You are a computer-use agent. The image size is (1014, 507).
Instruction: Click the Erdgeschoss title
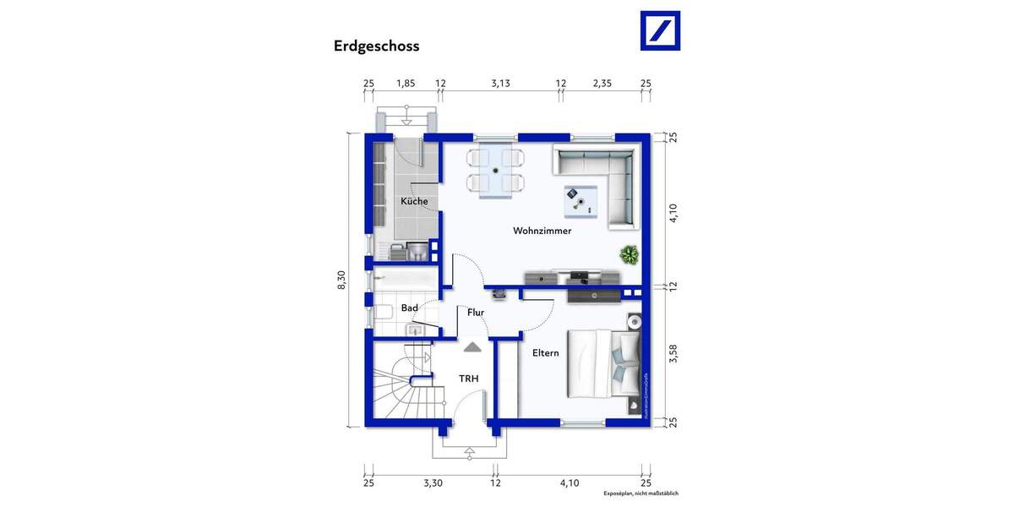click(376, 46)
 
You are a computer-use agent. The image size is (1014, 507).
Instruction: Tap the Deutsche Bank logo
click(660, 30)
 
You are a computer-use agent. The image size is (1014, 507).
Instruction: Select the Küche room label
click(414, 201)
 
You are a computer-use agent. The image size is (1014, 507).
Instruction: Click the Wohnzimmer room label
click(542, 231)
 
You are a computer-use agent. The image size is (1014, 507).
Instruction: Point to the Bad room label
click(410, 308)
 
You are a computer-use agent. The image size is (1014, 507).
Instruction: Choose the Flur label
click(476, 313)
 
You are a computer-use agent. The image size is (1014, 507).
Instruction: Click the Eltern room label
click(545, 353)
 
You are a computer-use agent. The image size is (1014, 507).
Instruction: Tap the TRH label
click(468, 379)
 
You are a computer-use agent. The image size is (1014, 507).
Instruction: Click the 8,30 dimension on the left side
click(341, 281)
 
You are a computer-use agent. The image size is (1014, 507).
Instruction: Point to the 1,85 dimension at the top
click(406, 83)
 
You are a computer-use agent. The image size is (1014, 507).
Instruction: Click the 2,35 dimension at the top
click(602, 83)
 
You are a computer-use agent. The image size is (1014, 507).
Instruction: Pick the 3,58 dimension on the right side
click(673, 353)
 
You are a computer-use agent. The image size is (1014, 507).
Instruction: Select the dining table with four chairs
click(496, 171)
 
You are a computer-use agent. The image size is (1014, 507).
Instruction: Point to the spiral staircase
click(400, 389)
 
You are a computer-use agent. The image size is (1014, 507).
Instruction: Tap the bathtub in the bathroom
click(403, 280)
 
